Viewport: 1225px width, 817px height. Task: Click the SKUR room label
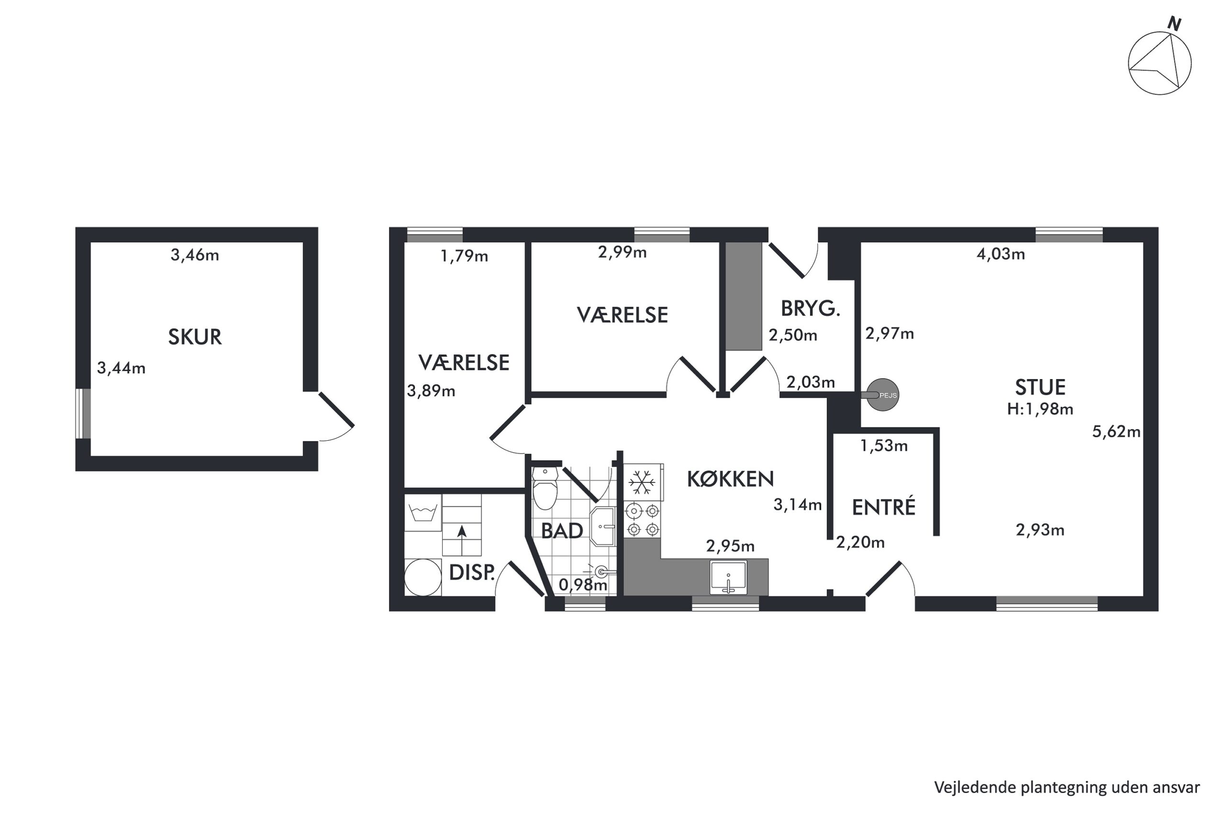click(195, 337)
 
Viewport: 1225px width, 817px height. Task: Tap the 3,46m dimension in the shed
click(195, 255)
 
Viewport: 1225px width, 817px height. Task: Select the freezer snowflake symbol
click(642, 482)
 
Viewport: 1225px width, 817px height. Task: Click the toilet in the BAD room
click(545, 488)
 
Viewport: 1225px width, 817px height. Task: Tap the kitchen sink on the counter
click(728, 577)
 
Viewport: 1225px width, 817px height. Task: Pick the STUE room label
click(1040, 387)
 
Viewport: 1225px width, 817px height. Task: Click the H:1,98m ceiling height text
click(1040, 409)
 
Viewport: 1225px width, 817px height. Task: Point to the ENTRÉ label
click(883, 507)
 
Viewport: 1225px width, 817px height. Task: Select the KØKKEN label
click(730, 479)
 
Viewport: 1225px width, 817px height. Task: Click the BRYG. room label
click(811, 309)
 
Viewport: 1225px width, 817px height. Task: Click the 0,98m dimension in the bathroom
click(583, 584)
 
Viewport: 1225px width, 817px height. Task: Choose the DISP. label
click(472, 572)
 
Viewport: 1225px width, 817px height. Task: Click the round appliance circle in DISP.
click(423, 577)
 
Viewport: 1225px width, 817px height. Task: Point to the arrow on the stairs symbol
click(461, 540)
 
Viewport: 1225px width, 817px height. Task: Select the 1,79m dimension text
click(464, 256)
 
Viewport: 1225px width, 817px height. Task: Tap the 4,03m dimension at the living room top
click(1001, 254)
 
